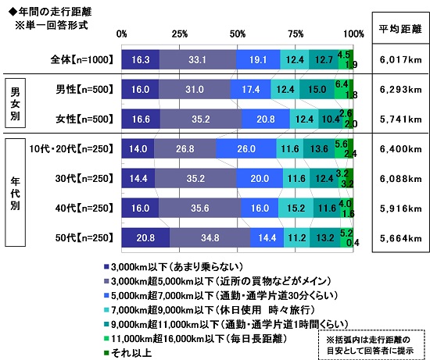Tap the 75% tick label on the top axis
296,34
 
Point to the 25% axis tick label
179,34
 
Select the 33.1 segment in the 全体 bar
197,59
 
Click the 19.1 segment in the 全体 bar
258,59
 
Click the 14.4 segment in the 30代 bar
138,178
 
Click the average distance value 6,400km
398,148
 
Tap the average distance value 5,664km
398,238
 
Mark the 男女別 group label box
13,102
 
